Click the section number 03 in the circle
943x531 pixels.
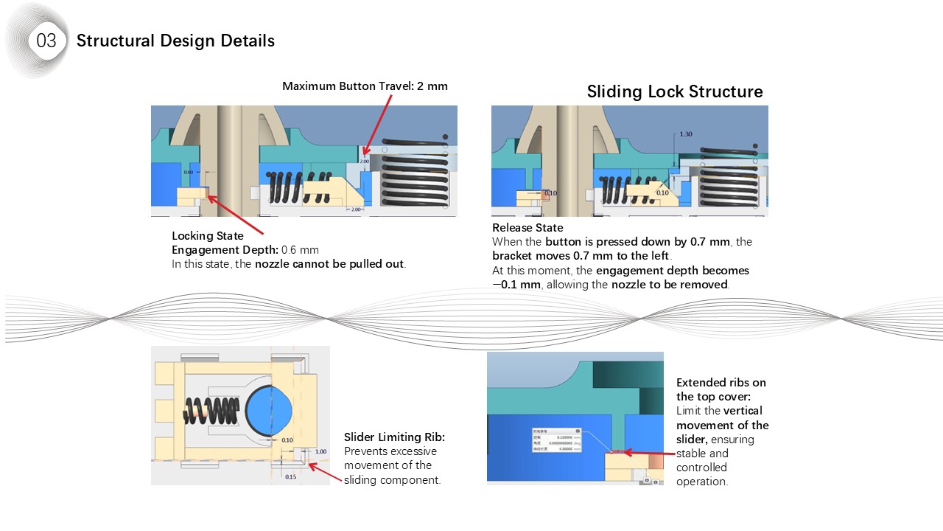click(46, 41)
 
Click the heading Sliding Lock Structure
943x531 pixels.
click(674, 91)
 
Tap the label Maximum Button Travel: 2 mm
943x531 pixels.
click(365, 86)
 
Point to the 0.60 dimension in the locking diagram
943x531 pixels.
click(189, 172)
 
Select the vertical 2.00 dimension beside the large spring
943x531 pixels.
click(364, 160)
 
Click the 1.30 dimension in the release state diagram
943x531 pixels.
click(685, 134)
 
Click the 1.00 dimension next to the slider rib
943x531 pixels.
click(320, 451)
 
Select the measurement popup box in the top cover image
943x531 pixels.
click(556, 440)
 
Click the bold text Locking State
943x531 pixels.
click(207, 236)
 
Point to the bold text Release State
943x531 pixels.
click(527, 228)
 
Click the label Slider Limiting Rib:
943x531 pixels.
click(394, 437)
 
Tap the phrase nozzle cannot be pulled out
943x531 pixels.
click(329, 264)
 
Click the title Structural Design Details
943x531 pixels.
click(175, 41)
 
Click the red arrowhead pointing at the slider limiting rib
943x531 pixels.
click(312, 465)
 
